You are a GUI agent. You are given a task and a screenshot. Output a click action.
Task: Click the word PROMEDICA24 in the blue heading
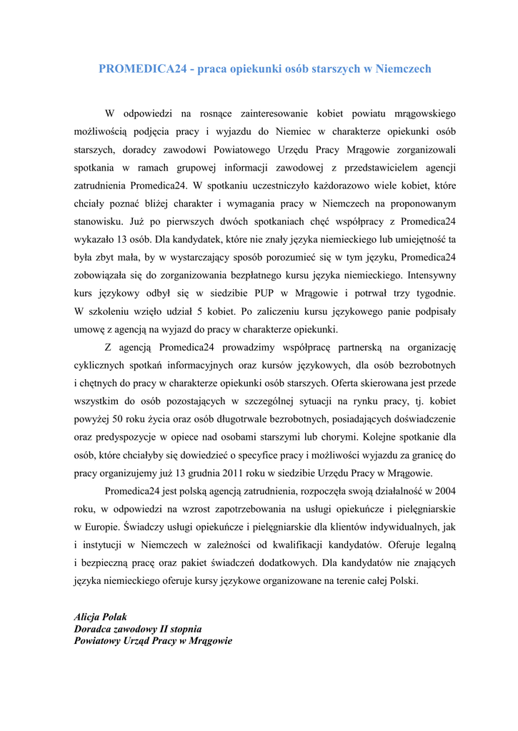tap(142, 69)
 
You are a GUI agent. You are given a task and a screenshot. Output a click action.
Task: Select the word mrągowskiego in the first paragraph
tap(419, 114)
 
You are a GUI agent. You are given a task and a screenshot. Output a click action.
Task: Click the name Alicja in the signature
tap(89, 617)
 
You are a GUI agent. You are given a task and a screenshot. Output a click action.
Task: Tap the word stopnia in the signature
tap(184, 629)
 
